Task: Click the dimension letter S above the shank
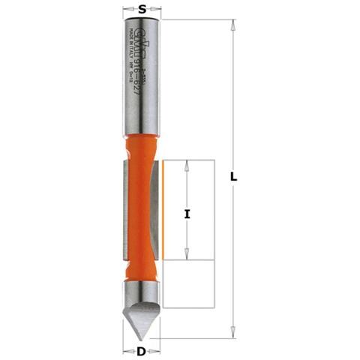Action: pyautogui.click(x=140, y=9)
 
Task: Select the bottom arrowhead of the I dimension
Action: pyautogui.click(x=186, y=257)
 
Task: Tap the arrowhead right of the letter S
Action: pyautogui.click(x=156, y=10)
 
